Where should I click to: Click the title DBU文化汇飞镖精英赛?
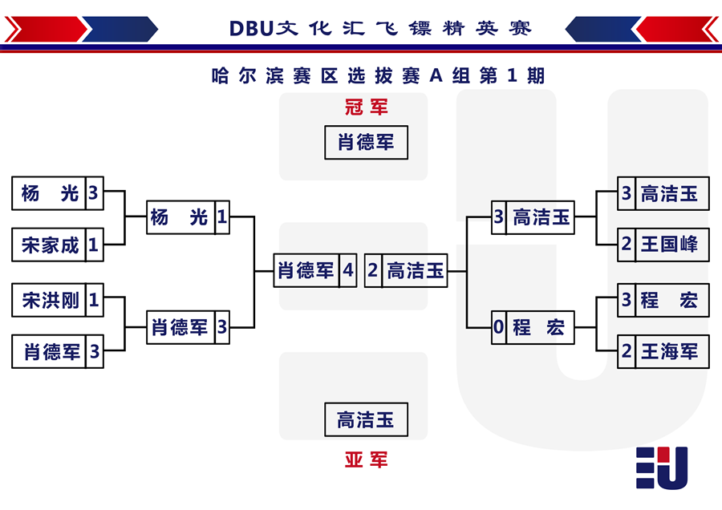pyautogui.click(x=380, y=29)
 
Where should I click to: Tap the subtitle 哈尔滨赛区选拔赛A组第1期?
pyautogui.click(x=378, y=75)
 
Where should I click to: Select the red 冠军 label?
pyautogui.click(x=367, y=107)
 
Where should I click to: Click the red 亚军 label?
pyautogui.click(x=367, y=459)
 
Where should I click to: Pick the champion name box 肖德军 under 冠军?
pyautogui.click(x=366, y=143)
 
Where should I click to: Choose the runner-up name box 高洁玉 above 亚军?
pyautogui.click(x=366, y=419)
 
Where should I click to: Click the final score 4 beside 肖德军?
pyautogui.click(x=348, y=271)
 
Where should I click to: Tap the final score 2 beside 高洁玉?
pyautogui.click(x=373, y=271)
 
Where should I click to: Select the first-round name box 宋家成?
pyautogui.click(x=49, y=245)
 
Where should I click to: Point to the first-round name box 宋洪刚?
pyautogui.click(x=49, y=300)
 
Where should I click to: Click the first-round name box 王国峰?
pyautogui.click(x=671, y=245)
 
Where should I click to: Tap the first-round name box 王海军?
pyautogui.click(x=671, y=352)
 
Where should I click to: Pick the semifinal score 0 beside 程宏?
pyautogui.click(x=499, y=328)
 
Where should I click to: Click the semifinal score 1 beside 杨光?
pyautogui.click(x=222, y=217)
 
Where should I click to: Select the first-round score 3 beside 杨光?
pyautogui.click(x=95, y=193)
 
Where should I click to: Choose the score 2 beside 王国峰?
pyautogui.click(x=627, y=245)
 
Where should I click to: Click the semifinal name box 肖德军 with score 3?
pyautogui.click(x=180, y=328)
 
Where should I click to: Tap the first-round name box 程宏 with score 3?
pyautogui.click(x=671, y=300)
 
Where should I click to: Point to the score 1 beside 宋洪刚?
pyautogui.click(x=95, y=300)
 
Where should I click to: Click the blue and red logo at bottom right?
pyautogui.click(x=662, y=467)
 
